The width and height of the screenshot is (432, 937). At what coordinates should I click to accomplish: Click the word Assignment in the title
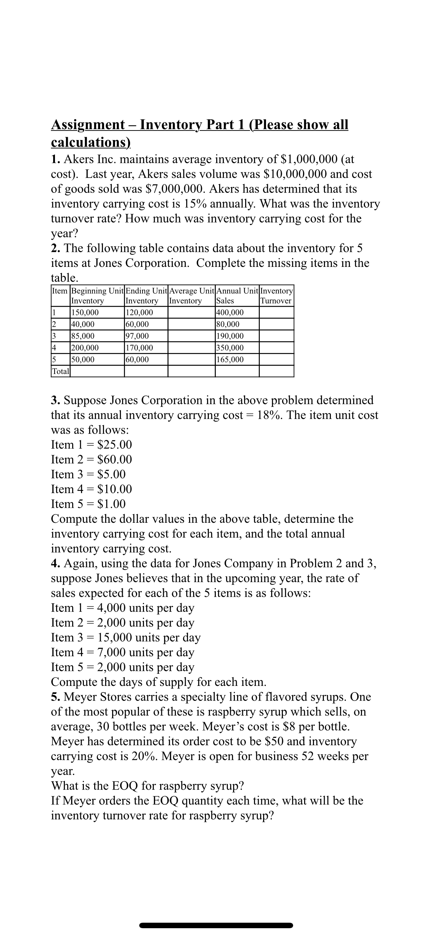[x=88, y=125]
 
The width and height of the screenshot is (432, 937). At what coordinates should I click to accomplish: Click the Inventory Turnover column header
[x=276, y=296]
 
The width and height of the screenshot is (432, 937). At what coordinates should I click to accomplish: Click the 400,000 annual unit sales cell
[x=230, y=313]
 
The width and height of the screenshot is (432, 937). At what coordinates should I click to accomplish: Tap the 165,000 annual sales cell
[x=230, y=360]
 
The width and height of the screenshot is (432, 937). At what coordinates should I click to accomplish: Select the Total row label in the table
[x=60, y=371]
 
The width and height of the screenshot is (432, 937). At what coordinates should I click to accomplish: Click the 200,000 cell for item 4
[x=85, y=348]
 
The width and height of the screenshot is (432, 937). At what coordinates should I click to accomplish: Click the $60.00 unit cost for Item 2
[x=114, y=459]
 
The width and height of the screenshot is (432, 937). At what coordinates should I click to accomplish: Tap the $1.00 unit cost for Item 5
[x=111, y=504]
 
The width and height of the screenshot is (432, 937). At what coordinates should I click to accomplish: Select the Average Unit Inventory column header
[x=191, y=296]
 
